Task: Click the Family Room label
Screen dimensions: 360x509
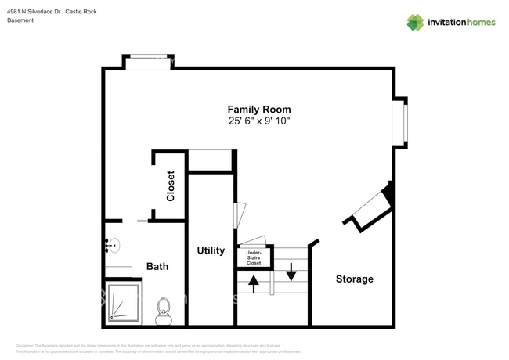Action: point(259,110)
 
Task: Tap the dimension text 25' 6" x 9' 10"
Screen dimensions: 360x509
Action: point(259,121)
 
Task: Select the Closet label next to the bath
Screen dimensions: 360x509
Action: point(171,186)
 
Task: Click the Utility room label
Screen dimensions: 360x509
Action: point(211,251)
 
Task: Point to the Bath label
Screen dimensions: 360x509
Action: point(157,267)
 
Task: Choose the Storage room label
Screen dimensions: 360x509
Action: point(354,279)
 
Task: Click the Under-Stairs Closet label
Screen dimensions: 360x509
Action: point(254,258)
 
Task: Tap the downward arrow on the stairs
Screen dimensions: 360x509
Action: point(291,272)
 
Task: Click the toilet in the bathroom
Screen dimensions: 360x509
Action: point(164,310)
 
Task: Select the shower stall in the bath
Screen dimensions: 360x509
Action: point(123,304)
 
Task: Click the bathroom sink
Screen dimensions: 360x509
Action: point(111,247)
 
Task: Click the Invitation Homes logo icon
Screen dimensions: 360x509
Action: point(415,22)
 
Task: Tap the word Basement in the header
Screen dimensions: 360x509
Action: point(20,20)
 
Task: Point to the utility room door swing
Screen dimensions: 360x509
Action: point(241,215)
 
